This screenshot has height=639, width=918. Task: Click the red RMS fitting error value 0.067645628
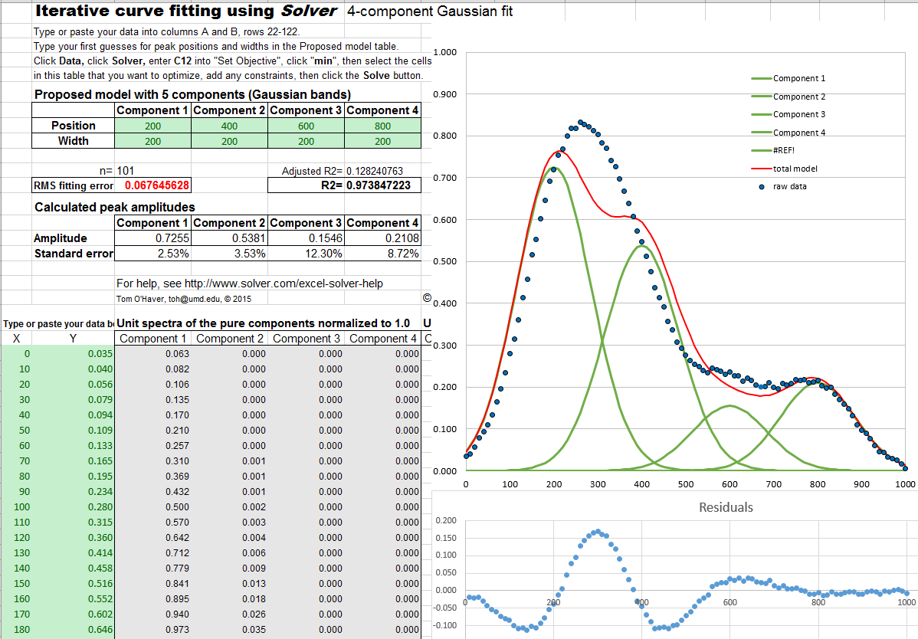click(156, 185)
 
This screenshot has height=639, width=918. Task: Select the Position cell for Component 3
click(307, 126)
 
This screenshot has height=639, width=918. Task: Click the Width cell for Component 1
click(153, 141)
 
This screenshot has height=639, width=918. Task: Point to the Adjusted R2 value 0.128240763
click(385, 171)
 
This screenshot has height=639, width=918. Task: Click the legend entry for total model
click(795, 169)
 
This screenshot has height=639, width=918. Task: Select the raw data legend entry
click(789, 186)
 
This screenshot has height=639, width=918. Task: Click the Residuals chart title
click(726, 507)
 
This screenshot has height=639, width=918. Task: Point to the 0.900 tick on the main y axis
click(446, 94)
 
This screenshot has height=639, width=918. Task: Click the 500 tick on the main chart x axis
click(686, 484)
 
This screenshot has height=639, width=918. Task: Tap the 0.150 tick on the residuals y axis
click(445, 538)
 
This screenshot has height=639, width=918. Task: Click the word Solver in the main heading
click(309, 11)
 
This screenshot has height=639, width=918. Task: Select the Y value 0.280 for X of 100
click(100, 507)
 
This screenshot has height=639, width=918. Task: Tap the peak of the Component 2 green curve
click(641, 244)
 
